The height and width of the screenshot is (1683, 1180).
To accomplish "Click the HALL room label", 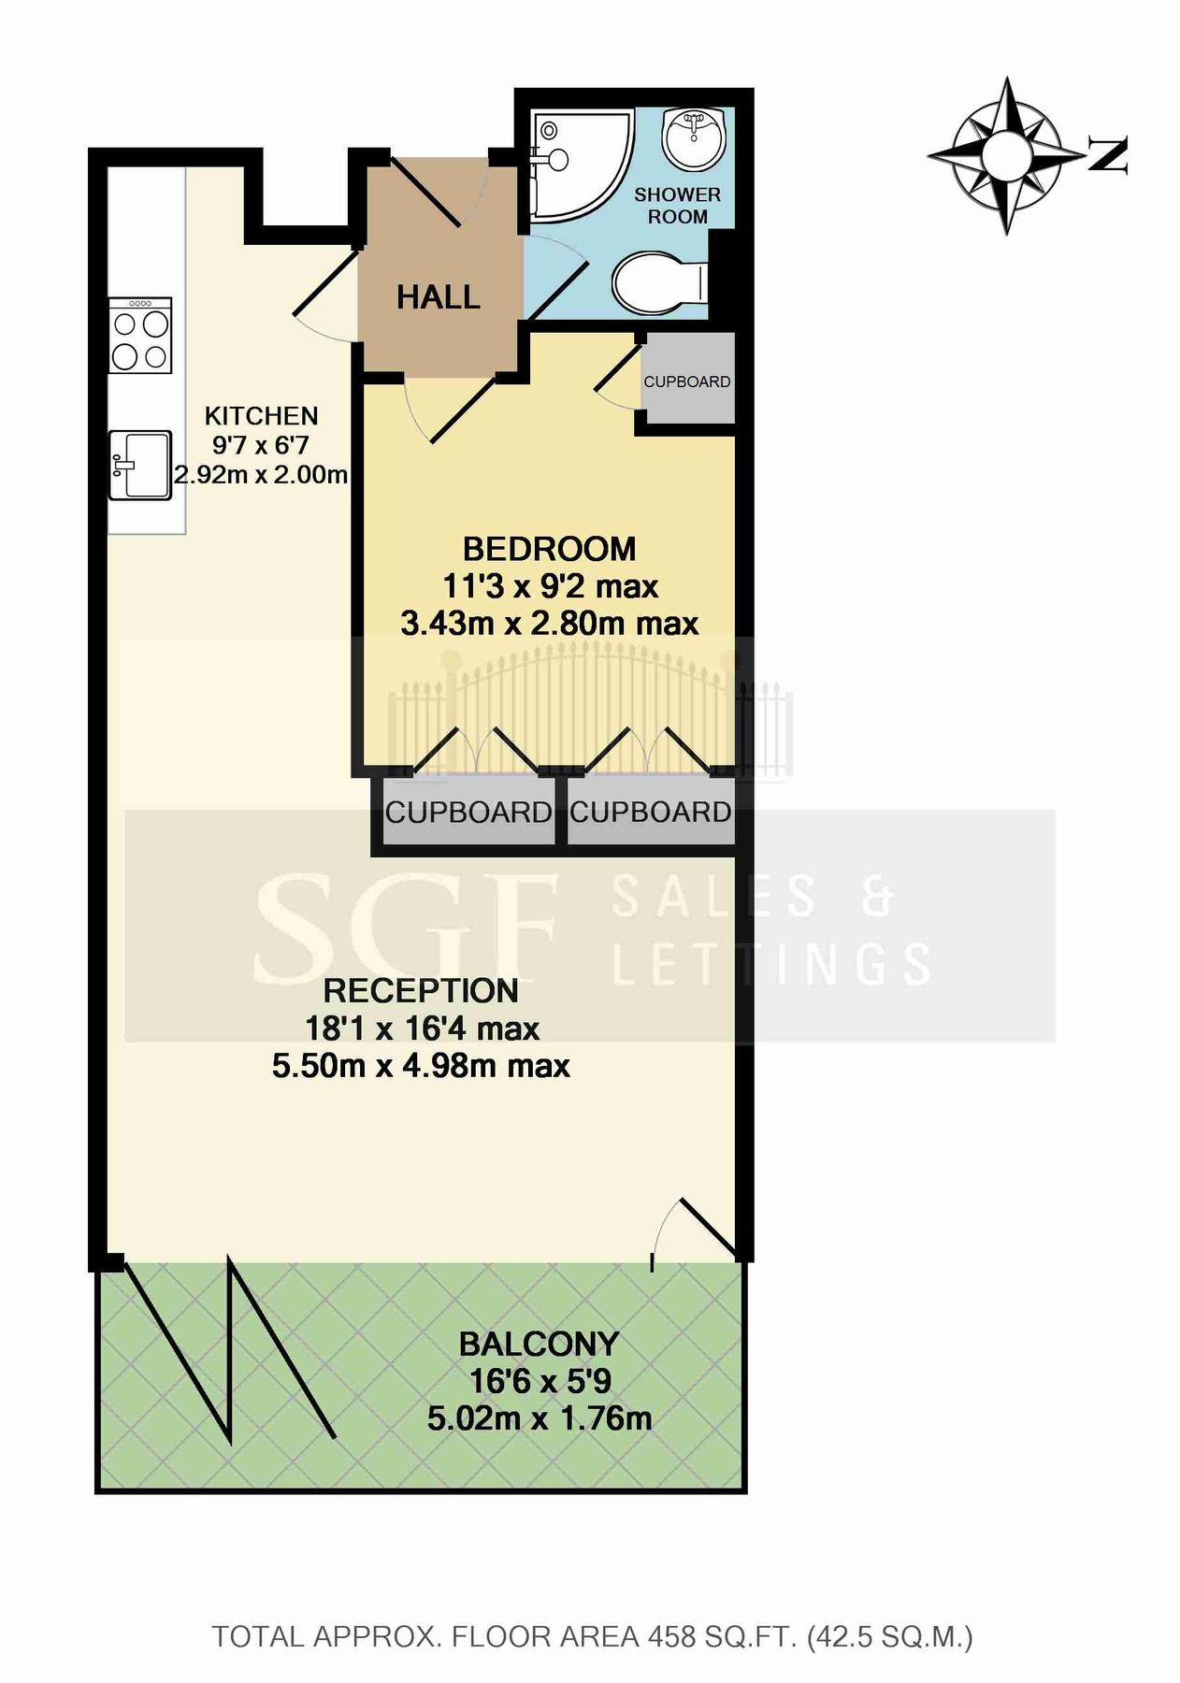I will tap(438, 297).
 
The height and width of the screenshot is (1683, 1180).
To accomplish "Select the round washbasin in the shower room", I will tap(694, 137).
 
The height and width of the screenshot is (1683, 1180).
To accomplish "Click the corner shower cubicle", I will tap(575, 164).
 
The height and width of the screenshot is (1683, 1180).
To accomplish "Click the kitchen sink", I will tap(139, 465).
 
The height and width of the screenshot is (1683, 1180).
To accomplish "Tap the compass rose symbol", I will tap(1006, 154).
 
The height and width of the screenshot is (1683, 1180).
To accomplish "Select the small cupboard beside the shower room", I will tap(686, 381).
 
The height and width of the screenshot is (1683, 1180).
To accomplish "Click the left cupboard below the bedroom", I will tap(468, 813).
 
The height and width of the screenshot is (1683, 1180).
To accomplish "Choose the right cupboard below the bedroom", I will tap(650, 813).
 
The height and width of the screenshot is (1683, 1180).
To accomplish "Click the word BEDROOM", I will tap(549, 549).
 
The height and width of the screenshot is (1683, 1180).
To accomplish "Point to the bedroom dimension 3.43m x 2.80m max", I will tap(549, 624).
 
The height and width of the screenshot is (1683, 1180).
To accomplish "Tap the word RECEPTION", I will tap(421, 991).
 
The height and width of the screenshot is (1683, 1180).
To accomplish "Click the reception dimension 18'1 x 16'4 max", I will tap(422, 1028).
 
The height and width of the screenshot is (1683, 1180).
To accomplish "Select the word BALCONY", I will tap(539, 1345).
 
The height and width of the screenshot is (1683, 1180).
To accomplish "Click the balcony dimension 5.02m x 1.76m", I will tap(539, 1418).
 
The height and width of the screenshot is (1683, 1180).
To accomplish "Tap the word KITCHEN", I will tap(261, 416).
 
